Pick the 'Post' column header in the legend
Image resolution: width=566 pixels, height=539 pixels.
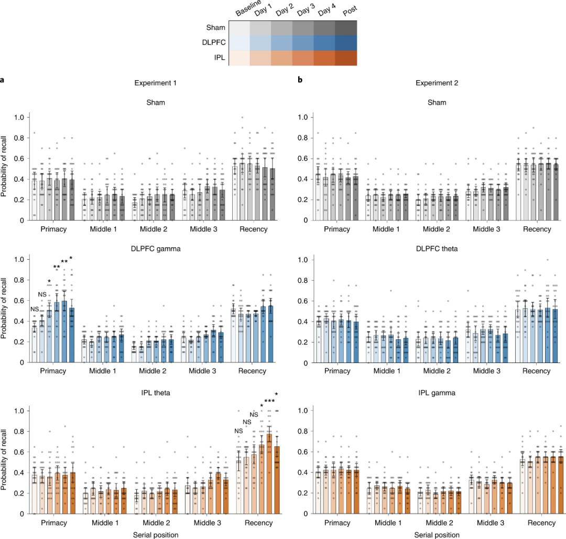(347, 12)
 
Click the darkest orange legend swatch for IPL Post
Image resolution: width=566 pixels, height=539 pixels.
(346, 58)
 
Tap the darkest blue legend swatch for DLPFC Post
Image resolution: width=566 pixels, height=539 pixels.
(346, 42)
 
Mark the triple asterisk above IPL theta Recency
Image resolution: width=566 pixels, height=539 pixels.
(269, 401)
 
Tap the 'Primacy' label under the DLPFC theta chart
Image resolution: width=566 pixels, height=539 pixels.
(337, 371)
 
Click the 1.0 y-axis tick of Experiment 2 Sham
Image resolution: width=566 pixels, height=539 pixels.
(303, 117)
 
